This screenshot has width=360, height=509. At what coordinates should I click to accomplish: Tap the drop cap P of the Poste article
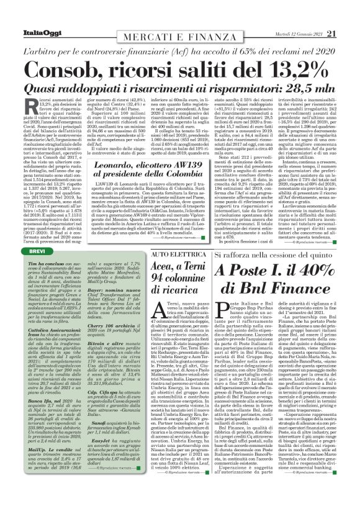pyautogui.click(x=220, y=313)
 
